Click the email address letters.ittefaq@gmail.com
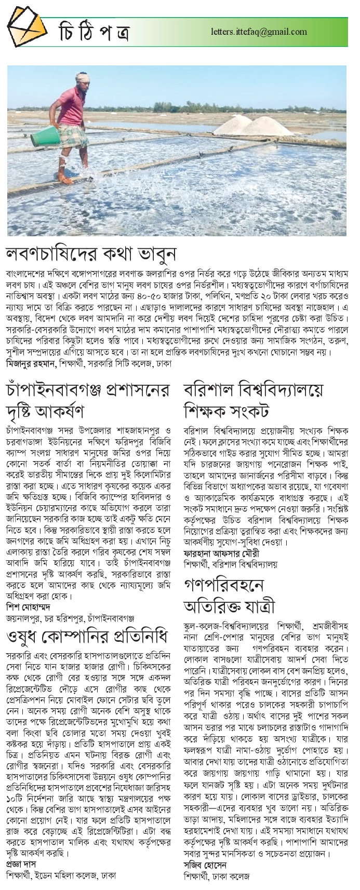coord(259,32)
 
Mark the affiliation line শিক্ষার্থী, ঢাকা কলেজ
coord(218,876)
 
